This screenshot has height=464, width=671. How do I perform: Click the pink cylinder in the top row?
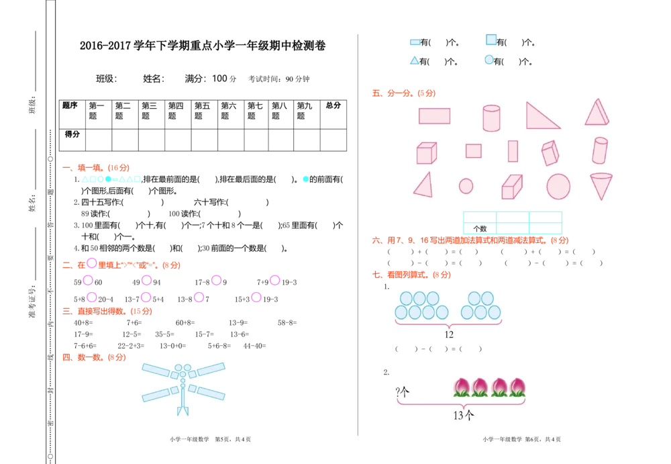[x=491, y=118]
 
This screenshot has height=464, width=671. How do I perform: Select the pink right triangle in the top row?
[x=540, y=117]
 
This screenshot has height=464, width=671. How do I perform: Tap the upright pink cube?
[x=426, y=152]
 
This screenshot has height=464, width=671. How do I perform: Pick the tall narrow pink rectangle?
[x=513, y=151]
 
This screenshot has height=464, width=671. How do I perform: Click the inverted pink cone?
[x=601, y=185]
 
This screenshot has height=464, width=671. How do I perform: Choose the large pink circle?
[x=558, y=186]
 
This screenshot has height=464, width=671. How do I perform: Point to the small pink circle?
[x=466, y=186]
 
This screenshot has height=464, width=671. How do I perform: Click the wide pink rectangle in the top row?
[x=434, y=116]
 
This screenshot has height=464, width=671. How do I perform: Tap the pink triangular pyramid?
[x=597, y=112]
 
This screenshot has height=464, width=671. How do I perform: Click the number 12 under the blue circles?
[x=449, y=334]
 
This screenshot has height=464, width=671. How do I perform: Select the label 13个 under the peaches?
[x=463, y=416]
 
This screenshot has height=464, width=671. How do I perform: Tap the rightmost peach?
[x=517, y=387]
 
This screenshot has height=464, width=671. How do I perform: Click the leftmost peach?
[x=461, y=387]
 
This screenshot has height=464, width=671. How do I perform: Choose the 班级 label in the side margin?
[x=32, y=105]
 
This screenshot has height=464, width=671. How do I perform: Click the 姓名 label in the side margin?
[x=32, y=203]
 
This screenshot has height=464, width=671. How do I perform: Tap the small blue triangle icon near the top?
[x=414, y=59]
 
